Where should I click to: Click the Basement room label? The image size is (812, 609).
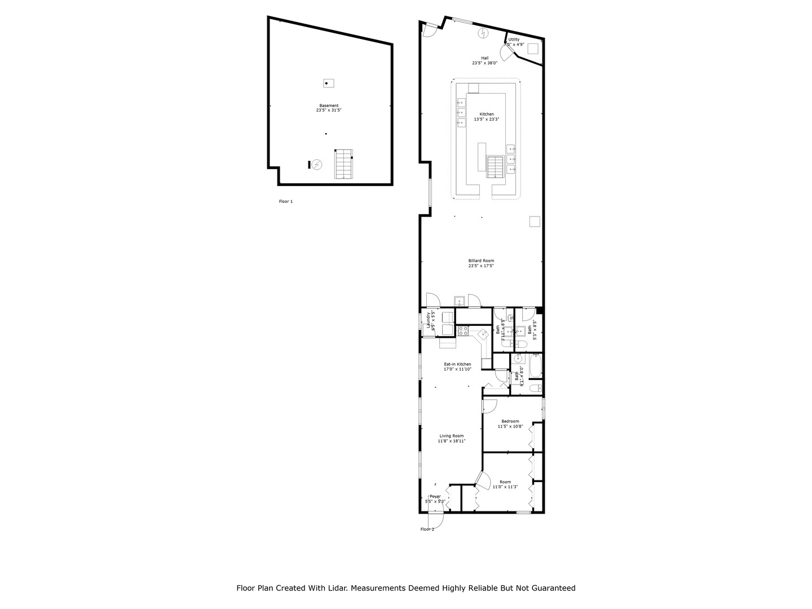pyautogui.click(x=329, y=105)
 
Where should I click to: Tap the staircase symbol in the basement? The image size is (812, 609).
pyautogui.click(x=343, y=164)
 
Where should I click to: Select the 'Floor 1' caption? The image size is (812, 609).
pyautogui.click(x=286, y=201)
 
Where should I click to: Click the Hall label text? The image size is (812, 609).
pyautogui.click(x=484, y=58)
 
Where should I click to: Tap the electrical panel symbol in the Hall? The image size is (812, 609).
pyautogui.click(x=483, y=33)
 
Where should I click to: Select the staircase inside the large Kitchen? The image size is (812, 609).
pyautogui.click(x=495, y=167)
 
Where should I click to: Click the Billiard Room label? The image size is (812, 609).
pyautogui.click(x=481, y=261)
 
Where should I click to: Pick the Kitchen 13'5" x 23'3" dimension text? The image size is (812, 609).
pyautogui.click(x=487, y=119)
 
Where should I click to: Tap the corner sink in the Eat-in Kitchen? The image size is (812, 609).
pyautogui.click(x=483, y=334)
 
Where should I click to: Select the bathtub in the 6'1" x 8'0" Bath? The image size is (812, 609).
pyautogui.click(x=536, y=365)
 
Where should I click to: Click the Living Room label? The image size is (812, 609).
pyautogui.click(x=451, y=436)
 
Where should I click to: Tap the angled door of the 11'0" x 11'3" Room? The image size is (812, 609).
pyautogui.click(x=482, y=480)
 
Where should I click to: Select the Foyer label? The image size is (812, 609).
pyautogui.click(x=435, y=496)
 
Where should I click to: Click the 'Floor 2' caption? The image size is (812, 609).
pyautogui.click(x=427, y=529)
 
